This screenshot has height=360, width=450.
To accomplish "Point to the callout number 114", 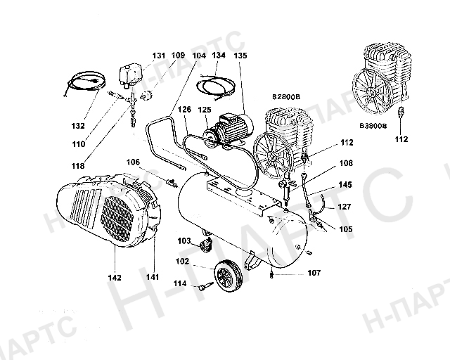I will click(181, 284).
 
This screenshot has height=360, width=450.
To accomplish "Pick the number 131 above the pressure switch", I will click(160, 55).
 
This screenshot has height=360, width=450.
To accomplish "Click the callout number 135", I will click(240, 55).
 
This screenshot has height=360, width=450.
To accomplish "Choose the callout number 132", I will click(78, 126).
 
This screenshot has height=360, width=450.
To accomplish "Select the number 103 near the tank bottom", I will click(184, 241).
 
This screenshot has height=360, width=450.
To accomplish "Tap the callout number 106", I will click(153, 162).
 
